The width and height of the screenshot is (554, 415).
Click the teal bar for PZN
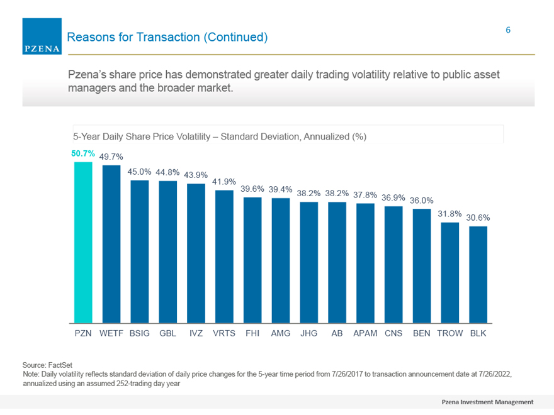(83, 243)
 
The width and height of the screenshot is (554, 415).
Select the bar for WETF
(111, 244)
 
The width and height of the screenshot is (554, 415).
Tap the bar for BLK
(478, 275)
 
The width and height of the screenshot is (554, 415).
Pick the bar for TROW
(449, 273)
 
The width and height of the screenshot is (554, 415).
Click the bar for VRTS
(224, 257)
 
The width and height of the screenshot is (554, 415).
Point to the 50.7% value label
(83, 153)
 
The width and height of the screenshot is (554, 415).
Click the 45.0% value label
(139, 172)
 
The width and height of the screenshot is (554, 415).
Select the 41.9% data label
(224, 182)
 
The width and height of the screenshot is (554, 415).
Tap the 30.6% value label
(478, 218)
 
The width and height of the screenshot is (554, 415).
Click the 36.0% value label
(422, 201)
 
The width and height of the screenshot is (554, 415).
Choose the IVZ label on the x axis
(196, 333)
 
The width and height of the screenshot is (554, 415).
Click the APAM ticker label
(365, 333)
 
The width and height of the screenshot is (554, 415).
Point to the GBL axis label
(168, 333)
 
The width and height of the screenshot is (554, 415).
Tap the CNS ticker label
(393, 333)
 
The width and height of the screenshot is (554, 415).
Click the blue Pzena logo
(42, 36)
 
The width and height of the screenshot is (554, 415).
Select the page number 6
(508, 30)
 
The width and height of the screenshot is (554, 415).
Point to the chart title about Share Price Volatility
(220, 136)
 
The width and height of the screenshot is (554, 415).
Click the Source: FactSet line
(47, 365)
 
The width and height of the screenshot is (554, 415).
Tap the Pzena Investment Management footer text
(487, 402)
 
